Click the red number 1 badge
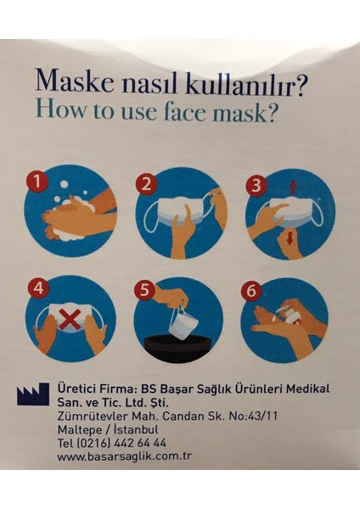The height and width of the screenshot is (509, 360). click(x=36, y=181)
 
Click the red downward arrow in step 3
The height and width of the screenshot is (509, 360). click(x=290, y=241)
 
